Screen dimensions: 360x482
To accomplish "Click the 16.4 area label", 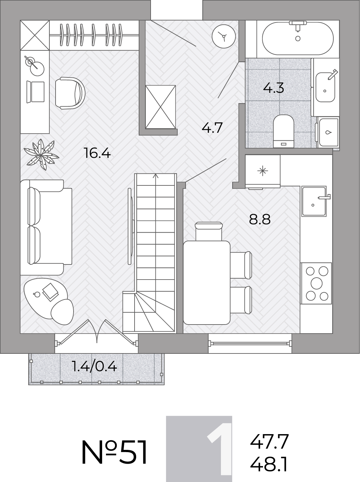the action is (97, 153).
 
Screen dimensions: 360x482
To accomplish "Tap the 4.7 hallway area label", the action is (212, 128).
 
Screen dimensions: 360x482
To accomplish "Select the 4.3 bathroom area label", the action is (274, 88).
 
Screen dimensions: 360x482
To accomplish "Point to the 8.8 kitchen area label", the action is (260, 219).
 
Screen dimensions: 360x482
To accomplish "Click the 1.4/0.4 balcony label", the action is (94, 367).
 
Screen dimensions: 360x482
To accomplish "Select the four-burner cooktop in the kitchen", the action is (316, 283).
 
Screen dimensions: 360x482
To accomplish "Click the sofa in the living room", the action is (46, 228).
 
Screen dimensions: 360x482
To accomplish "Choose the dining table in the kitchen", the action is (206, 282).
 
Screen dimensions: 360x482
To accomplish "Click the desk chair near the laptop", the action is (70, 93).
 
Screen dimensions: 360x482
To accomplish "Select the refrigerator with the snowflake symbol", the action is (263, 171).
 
